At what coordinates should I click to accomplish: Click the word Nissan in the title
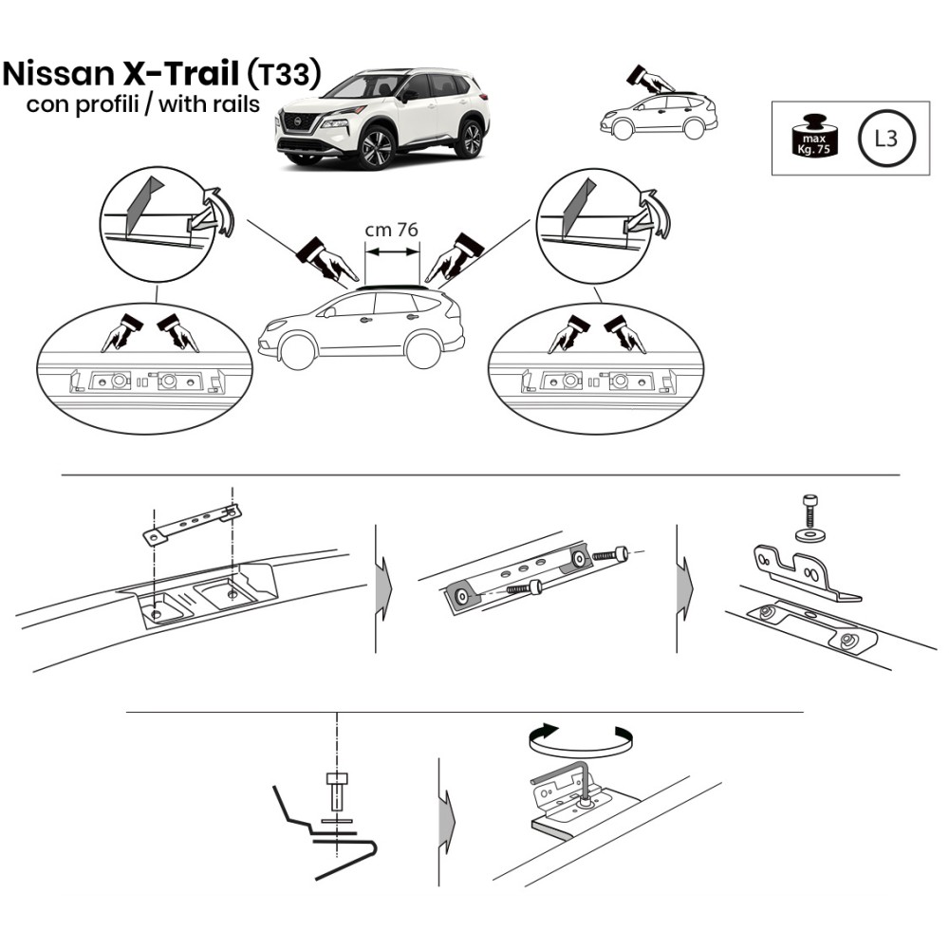click(x=58, y=74)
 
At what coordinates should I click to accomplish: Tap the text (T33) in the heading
click(x=284, y=74)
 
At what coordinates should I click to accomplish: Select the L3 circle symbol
click(x=886, y=139)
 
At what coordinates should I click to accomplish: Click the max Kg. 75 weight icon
click(x=814, y=136)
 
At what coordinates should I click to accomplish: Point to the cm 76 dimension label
click(x=392, y=230)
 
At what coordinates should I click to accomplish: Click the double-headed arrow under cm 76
click(x=392, y=251)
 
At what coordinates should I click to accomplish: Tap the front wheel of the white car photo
click(x=376, y=147)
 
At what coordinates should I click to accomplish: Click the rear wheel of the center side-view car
click(x=422, y=350)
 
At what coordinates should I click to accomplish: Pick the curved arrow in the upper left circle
click(x=218, y=210)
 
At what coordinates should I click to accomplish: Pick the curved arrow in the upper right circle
click(x=656, y=212)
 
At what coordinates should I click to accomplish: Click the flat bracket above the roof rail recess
click(x=193, y=524)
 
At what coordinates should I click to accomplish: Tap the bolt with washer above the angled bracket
click(x=809, y=518)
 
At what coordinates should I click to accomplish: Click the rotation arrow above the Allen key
click(x=581, y=738)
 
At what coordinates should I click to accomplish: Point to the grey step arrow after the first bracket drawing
click(x=383, y=588)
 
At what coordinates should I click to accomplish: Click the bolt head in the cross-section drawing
click(x=337, y=779)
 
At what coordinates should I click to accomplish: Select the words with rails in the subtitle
click(x=210, y=104)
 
